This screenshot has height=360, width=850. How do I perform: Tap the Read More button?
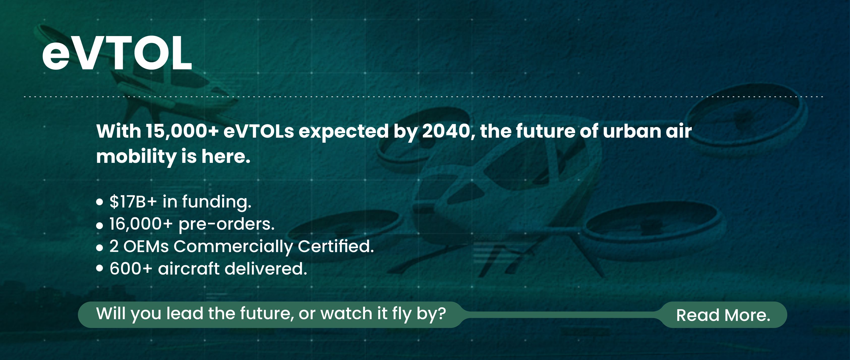[x=723, y=315]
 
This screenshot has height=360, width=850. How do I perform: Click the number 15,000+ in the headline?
[x=182, y=131]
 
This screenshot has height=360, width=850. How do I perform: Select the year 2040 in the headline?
[x=446, y=131]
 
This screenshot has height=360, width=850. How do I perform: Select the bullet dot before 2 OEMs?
[x=100, y=248]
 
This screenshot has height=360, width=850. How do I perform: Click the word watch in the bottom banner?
[x=346, y=313]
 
